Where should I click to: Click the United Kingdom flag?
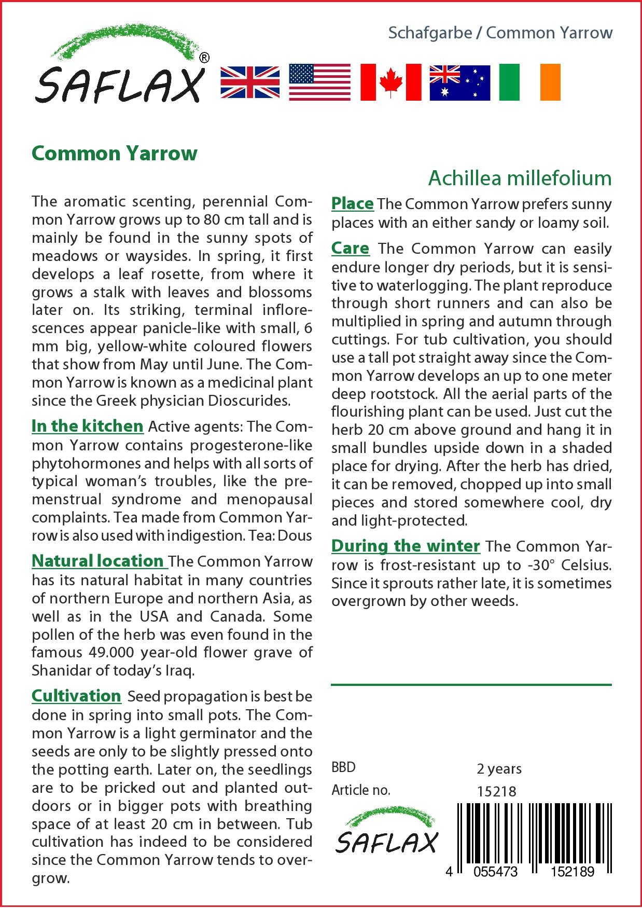click(250, 82)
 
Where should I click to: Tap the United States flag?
click(319, 82)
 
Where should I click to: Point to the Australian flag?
click(459, 82)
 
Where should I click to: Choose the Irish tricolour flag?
click(529, 82)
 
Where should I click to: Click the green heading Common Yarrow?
click(115, 154)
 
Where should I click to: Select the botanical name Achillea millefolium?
click(520, 178)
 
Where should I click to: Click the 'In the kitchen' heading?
click(87, 426)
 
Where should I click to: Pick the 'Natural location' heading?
click(99, 561)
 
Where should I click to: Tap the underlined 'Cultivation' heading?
click(76, 696)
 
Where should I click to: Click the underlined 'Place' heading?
click(352, 203)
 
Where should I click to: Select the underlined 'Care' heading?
click(351, 249)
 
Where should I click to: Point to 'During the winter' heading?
click(406, 546)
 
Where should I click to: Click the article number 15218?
click(496, 791)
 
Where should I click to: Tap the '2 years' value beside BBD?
click(499, 768)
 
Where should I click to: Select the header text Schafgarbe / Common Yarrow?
click(500, 33)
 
